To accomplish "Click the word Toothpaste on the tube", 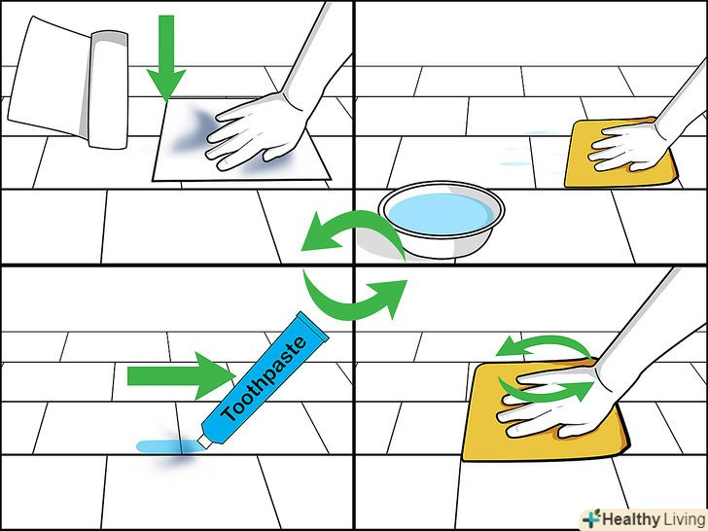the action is coord(265,378).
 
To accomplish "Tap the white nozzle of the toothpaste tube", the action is coord(204,442).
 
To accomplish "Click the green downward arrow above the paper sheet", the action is coord(166,57).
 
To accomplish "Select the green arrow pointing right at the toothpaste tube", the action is coord(182,375).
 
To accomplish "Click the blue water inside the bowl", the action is coord(442,213).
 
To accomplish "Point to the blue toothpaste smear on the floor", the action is coord(167,446).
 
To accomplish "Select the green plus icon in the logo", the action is coord(591,518).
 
